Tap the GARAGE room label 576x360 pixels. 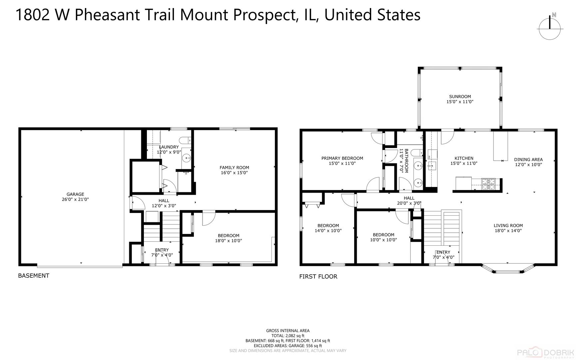pos(75,194)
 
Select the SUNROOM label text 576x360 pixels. pos(460,97)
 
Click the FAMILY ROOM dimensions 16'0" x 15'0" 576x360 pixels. pos(234,173)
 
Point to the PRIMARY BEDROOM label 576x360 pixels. pos(342,158)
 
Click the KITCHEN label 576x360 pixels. pos(464,158)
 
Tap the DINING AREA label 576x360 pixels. pos(528,159)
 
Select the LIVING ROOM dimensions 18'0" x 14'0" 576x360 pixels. pos(508,231)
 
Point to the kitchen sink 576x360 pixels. pos(432,165)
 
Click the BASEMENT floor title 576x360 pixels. pos(33,276)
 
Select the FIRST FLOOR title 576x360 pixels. pos(318,277)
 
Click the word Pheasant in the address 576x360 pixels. pos(107,15)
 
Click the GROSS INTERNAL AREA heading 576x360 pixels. pos(288,331)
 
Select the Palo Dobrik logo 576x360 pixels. pos(546,353)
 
